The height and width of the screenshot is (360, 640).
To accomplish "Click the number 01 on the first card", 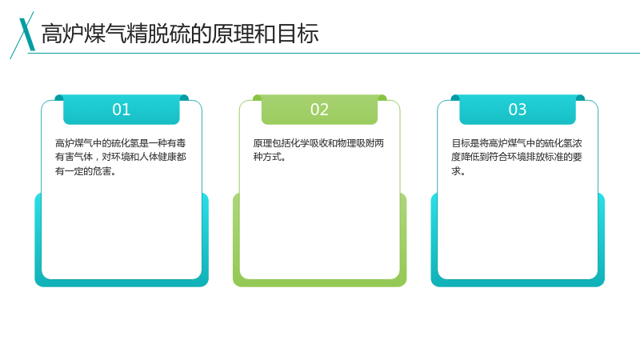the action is coord(122,110).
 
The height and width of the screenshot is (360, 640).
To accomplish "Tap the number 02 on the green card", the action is coord(319,110).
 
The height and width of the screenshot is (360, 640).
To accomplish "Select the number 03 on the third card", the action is coord(517,110).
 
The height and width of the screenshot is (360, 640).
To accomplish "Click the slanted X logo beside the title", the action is coord(23,35).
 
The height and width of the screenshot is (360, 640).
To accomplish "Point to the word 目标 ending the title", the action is coord(298,34).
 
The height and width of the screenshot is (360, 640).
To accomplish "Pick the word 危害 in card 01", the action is coord(102,171).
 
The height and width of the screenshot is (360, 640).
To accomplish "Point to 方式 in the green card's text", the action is coord(272,157).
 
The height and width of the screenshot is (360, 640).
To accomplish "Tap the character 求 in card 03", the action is coord(456,171).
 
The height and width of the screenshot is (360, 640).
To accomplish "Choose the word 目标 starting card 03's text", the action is coord(461,143).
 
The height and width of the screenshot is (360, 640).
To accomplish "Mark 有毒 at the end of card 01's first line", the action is coord(177,143).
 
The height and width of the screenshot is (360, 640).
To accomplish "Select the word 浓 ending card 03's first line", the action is coord(577,143).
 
